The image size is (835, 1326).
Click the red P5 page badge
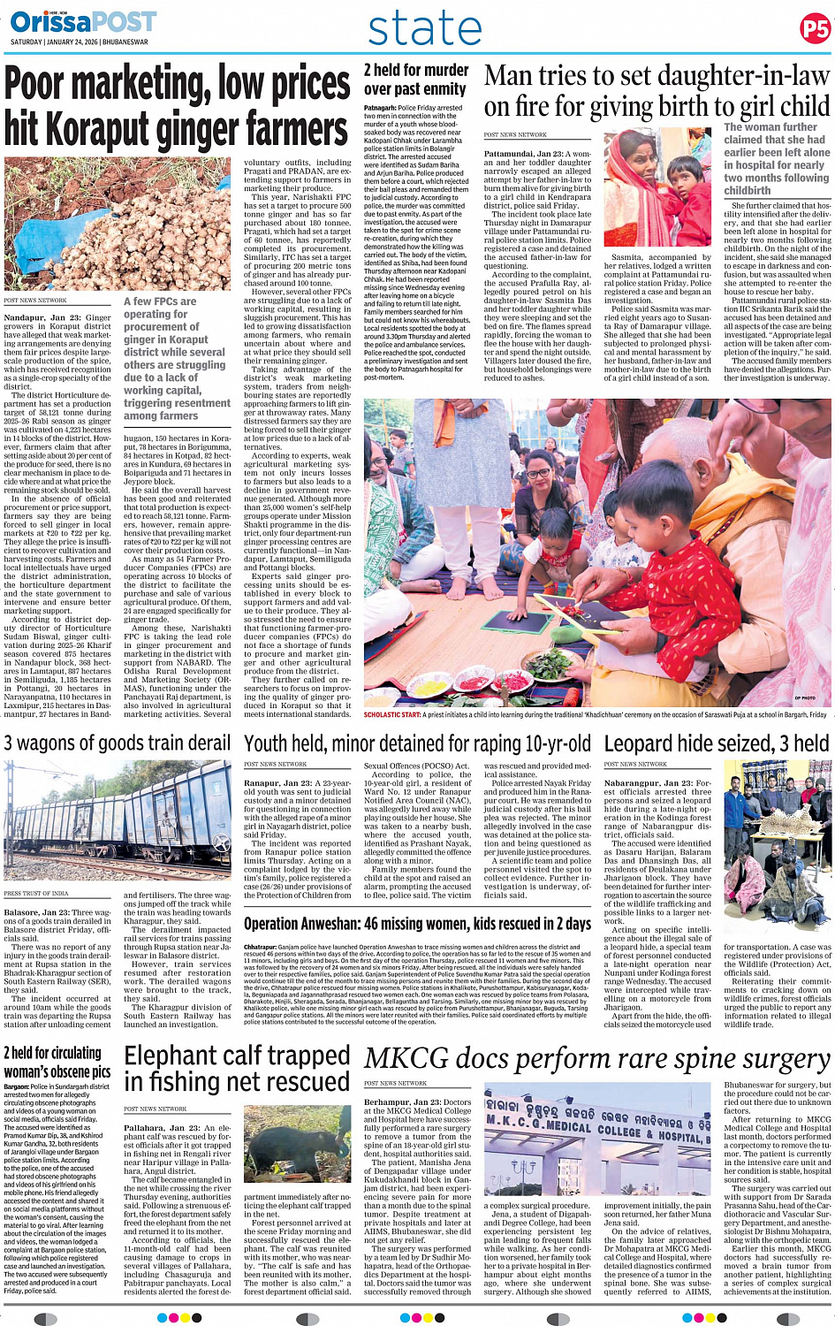[814, 29]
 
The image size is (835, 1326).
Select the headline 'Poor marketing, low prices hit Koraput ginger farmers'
[177, 106]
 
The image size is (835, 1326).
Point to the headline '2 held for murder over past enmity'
[415, 80]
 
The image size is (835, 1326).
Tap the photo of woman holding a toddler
[657, 187]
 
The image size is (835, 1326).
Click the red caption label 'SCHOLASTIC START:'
[392, 714]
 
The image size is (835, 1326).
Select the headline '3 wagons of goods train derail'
[118, 743]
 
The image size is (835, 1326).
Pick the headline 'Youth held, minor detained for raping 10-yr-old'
[417, 743]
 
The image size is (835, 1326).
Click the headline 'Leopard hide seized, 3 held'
[717, 743]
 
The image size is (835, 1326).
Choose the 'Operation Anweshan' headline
[417, 924]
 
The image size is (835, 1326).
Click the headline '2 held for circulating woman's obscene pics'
[57, 1062]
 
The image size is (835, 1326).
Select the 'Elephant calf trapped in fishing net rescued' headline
[237, 1068]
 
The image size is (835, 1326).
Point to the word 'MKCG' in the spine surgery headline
[406, 1058]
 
